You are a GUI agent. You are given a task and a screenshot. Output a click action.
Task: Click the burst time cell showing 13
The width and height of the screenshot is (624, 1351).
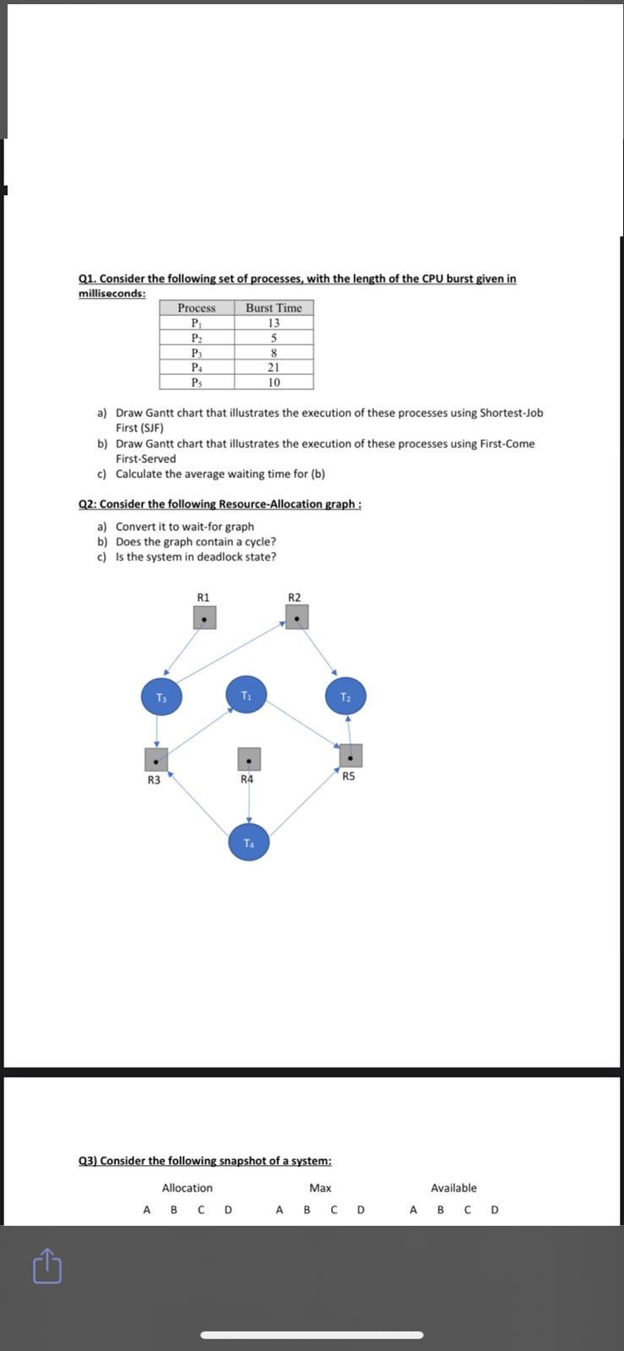pos(274,323)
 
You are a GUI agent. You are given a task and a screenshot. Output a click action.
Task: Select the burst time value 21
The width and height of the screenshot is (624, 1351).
pos(274,367)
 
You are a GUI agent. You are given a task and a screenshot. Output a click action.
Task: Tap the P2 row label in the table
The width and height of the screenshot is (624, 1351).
pos(197,338)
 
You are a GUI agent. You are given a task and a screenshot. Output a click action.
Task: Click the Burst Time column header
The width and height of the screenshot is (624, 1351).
pos(274,308)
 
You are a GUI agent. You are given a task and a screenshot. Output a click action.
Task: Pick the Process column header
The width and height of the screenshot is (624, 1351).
pos(197,308)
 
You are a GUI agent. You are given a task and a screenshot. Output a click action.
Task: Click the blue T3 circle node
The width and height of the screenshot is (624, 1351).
pos(161,697)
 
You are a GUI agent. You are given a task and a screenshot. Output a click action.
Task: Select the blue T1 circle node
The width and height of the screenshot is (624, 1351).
pos(247,695)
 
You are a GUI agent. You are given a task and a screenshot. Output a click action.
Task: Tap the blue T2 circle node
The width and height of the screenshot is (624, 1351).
pos(345,697)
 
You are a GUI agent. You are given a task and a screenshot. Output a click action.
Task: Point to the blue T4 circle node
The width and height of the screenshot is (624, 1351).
pos(249,843)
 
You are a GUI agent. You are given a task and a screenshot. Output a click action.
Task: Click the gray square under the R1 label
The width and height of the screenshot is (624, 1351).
pos(204,618)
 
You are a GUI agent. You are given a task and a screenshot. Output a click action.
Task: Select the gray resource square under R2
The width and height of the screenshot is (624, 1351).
pos(296,617)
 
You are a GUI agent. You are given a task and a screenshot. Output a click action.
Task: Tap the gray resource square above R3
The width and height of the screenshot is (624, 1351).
pos(155,759)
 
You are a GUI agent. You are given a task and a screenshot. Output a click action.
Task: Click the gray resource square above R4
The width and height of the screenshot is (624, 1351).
pos(248,759)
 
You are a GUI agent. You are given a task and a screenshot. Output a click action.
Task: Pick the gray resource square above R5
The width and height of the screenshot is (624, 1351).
pos(350,756)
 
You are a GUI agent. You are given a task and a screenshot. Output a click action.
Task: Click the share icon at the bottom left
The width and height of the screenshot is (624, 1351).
pos(47,1266)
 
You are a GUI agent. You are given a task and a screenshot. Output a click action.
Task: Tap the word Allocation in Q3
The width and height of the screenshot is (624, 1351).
pos(187,1188)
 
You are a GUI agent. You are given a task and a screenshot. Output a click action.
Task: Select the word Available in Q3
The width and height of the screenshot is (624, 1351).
pos(453,1188)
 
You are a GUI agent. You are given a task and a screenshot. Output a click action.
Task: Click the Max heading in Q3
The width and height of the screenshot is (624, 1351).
pos(320,1188)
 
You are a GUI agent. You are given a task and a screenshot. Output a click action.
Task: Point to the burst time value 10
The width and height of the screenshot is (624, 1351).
pos(274,383)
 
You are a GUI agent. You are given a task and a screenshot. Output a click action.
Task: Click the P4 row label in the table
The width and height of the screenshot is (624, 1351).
pos(197,367)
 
